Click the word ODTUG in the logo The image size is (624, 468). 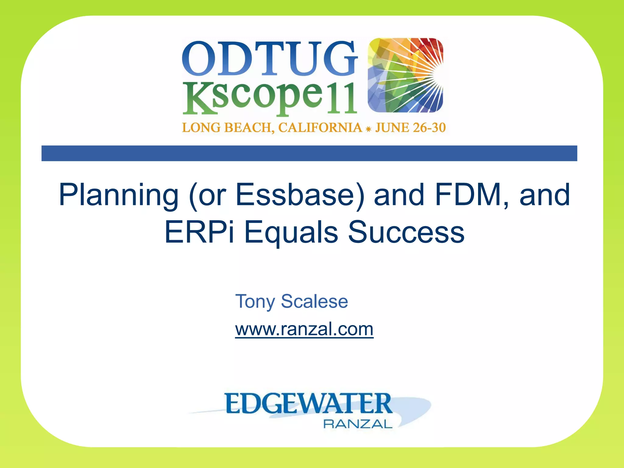tap(269, 58)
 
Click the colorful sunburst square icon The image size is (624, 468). tap(405, 75)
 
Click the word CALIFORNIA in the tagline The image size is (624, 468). tap(320, 127)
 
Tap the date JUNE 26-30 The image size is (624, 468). tap(410, 127)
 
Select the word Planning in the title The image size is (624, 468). tap(118, 195)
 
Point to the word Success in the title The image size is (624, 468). tap(406, 232)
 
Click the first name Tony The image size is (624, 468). tap(255, 302)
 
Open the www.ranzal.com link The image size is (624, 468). tap(304, 329)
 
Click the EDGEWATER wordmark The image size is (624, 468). tap(308, 403)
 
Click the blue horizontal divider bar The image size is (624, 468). tap(309, 153)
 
